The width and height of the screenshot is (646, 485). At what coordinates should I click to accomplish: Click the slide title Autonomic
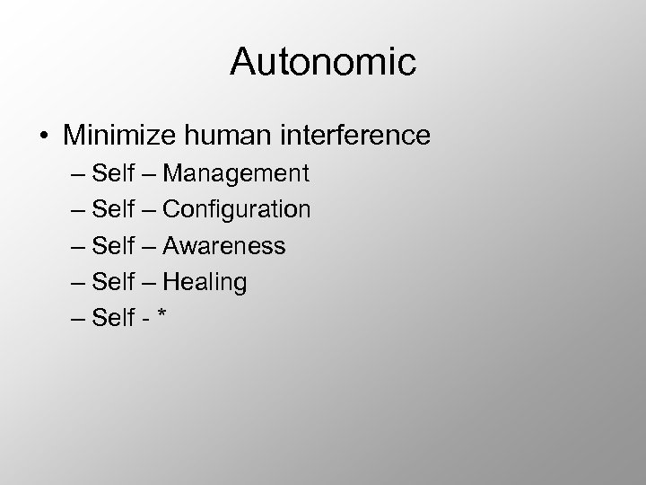click(x=323, y=62)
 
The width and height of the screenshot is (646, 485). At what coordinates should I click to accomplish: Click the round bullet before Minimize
click(x=45, y=137)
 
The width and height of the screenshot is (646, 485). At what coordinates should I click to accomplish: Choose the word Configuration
click(x=238, y=210)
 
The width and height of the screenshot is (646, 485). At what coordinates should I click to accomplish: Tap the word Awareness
click(x=224, y=246)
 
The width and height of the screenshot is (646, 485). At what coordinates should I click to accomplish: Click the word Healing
click(x=205, y=282)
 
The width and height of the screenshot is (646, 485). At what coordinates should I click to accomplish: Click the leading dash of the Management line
click(x=77, y=175)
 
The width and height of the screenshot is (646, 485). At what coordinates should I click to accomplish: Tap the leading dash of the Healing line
click(x=77, y=284)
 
